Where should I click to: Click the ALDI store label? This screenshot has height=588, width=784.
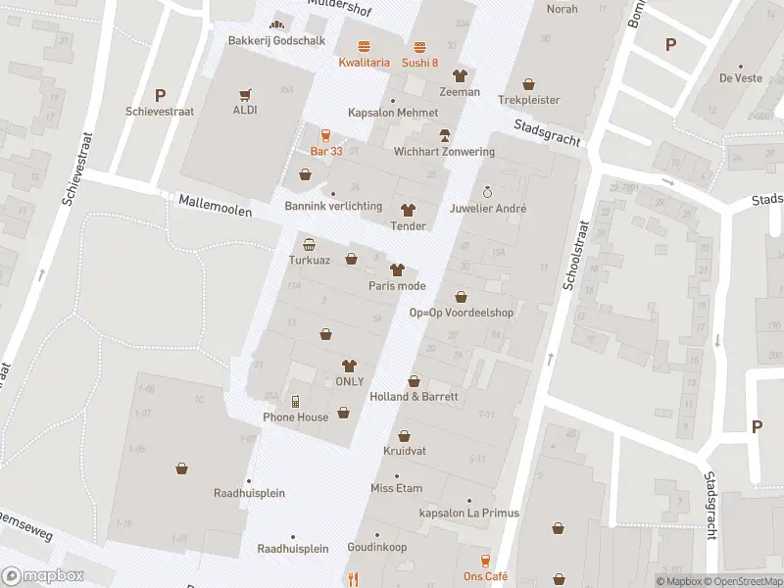(245, 110)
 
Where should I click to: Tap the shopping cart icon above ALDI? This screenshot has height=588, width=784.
(245, 94)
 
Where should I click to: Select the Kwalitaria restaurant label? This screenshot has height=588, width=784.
(364, 63)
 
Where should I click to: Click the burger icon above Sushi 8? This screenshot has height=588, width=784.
(420, 47)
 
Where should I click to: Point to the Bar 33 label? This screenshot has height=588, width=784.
(326, 151)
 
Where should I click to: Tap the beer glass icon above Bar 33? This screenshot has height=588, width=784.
(326, 136)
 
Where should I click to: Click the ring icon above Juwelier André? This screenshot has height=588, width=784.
(487, 192)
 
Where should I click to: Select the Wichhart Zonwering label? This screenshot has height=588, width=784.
(444, 152)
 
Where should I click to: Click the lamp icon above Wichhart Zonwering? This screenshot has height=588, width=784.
(444, 135)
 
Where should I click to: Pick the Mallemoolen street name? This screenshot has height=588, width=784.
(216, 206)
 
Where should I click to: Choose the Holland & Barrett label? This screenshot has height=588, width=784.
(414, 397)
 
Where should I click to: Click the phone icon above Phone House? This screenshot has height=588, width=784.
(295, 401)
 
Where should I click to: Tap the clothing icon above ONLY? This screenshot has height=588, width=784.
(349, 366)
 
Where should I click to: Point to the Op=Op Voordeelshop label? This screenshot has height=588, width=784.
(461, 313)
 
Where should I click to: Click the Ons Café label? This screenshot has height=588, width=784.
(486, 576)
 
